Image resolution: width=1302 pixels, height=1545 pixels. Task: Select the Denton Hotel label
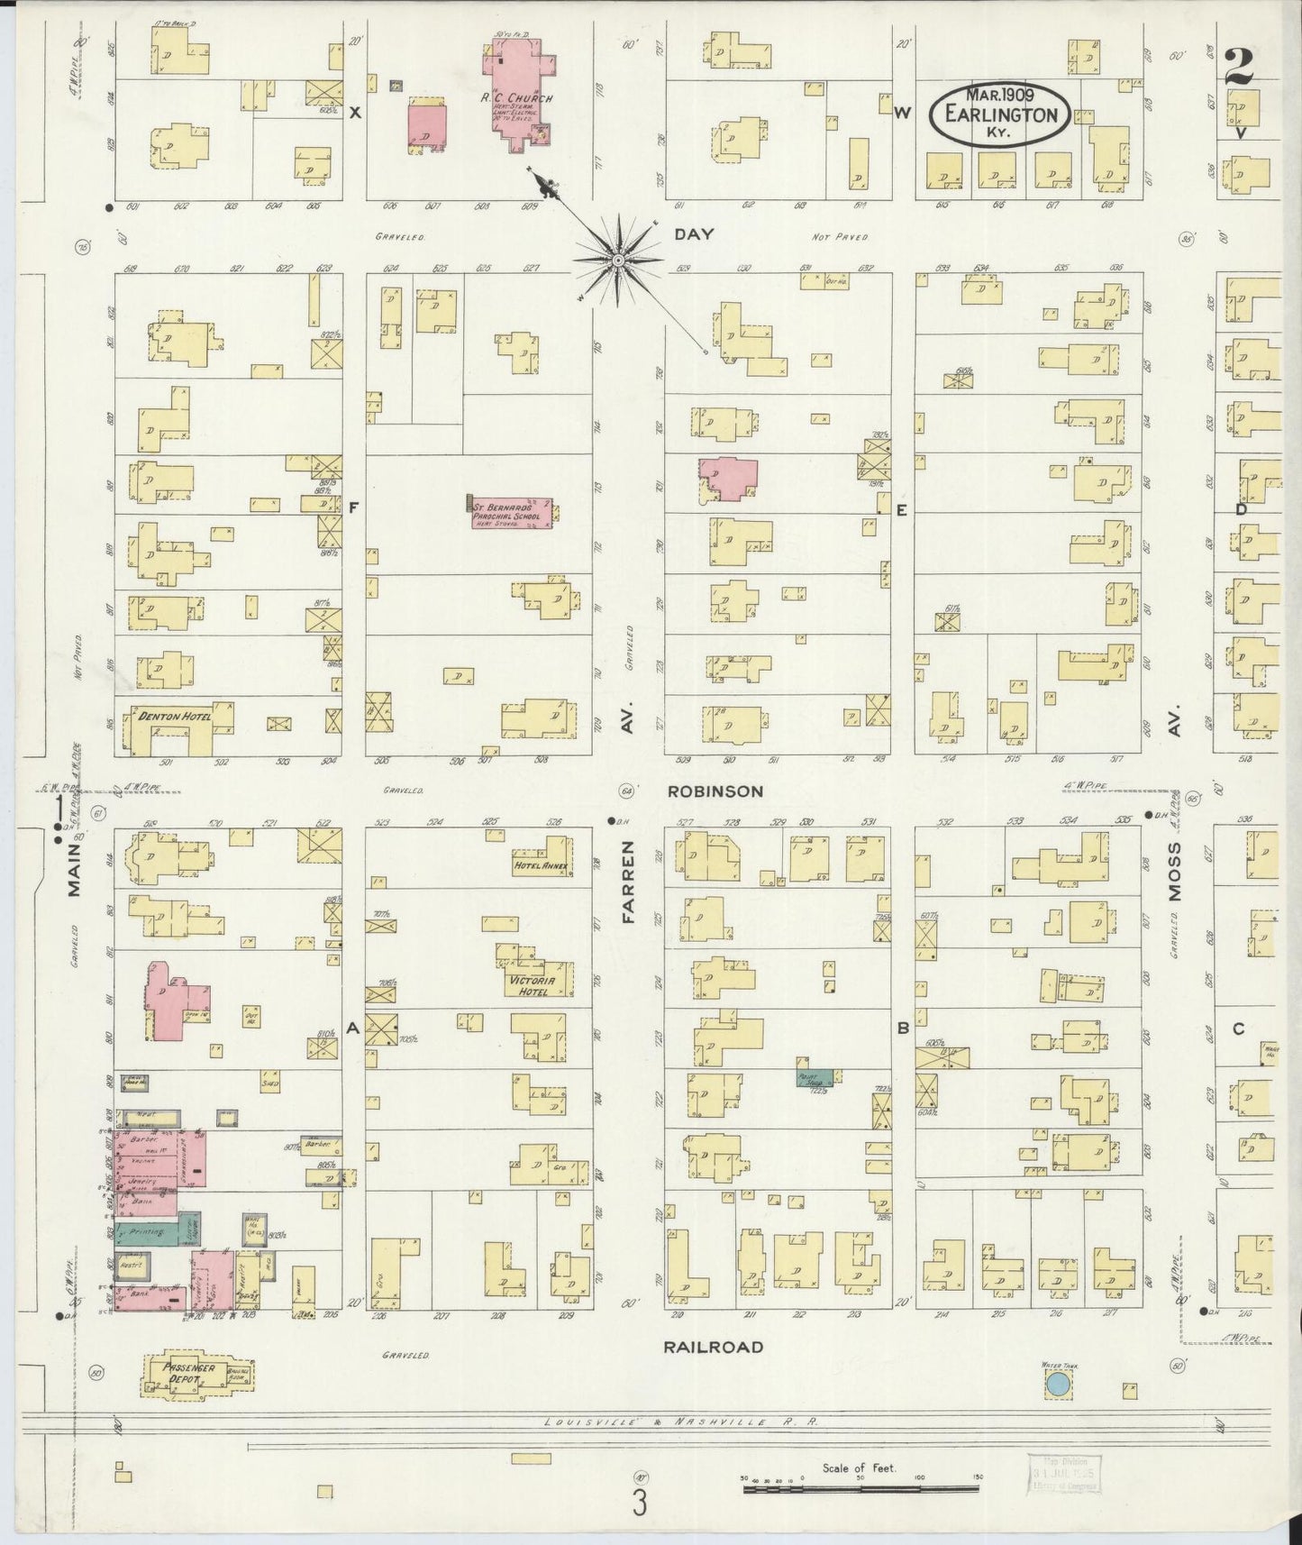174,717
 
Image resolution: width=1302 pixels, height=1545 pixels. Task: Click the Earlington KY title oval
1000,114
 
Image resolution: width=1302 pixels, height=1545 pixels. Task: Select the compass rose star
618,261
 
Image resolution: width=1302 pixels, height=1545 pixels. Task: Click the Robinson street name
715,791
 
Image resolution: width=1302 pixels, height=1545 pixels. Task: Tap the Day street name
694,234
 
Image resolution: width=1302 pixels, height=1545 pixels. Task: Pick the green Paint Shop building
815,1077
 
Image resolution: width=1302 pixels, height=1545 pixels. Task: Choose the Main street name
74,872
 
